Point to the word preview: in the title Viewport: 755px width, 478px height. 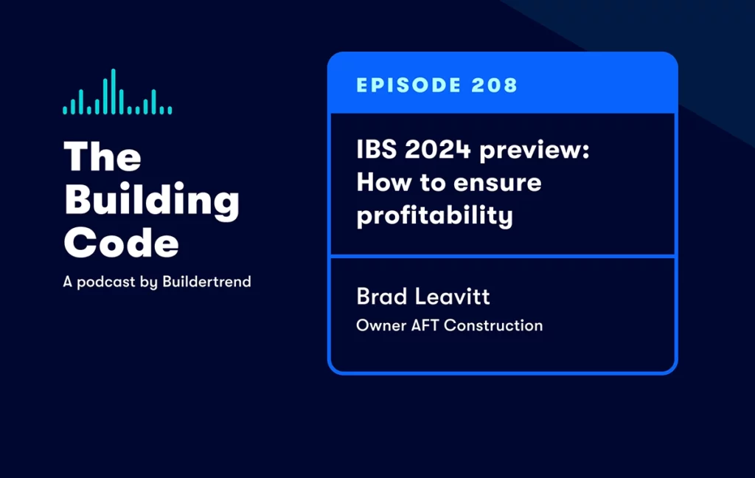point(535,150)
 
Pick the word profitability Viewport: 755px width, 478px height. point(434,216)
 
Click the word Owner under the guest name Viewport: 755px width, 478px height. point(377,325)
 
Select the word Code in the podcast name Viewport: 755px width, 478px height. point(121,242)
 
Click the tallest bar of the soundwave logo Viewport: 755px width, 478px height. point(114,91)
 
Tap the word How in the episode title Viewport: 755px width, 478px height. point(381,182)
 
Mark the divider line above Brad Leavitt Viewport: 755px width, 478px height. point(503,256)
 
